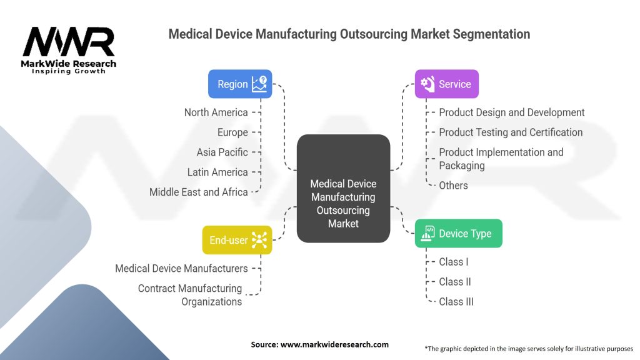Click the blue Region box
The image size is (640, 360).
tap(240, 84)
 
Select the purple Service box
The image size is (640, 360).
tap(446, 84)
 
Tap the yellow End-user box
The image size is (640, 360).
tap(237, 240)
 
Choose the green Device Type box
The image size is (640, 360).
tap(458, 234)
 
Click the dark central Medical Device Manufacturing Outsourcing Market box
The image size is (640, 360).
tap(343, 189)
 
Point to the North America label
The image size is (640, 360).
tap(216, 112)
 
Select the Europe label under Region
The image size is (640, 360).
tap(232, 132)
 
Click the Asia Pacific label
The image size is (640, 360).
tap(222, 152)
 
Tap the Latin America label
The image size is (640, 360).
tap(217, 172)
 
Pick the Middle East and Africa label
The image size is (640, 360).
tap(198, 192)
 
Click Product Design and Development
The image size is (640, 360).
tap(511, 112)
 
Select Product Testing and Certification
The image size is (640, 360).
tap(511, 132)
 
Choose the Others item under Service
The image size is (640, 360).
tap(453, 185)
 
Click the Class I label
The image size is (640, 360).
tap(454, 262)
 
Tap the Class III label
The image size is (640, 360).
tap(456, 302)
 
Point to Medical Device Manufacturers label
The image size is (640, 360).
tap(181, 269)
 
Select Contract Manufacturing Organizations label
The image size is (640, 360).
tap(190, 295)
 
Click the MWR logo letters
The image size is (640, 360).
tap(69, 42)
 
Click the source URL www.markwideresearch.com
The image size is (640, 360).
tap(334, 344)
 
